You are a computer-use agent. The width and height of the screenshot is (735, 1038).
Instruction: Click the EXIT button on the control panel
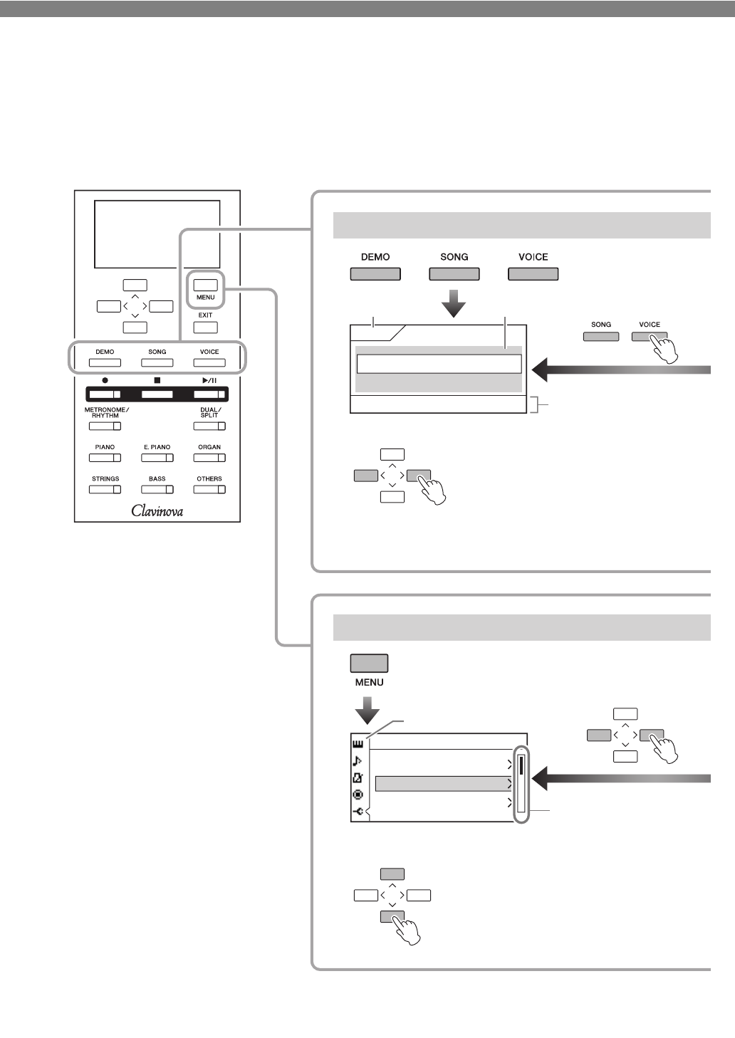click(205, 327)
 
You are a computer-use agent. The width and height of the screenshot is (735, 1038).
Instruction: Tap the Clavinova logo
click(157, 510)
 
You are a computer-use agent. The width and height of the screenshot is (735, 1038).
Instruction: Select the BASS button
click(157, 489)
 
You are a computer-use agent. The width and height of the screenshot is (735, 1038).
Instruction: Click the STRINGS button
click(105, 489)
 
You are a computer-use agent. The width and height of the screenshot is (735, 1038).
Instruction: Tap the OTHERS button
click(209, 489)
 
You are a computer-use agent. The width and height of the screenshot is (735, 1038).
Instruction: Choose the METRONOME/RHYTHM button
click(105, 426)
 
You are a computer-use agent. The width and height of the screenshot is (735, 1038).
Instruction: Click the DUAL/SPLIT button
click(209, 426)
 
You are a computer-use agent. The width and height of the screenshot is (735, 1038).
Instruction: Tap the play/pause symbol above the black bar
click(209, 380)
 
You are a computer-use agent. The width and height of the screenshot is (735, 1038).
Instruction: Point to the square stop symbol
click(157, 380)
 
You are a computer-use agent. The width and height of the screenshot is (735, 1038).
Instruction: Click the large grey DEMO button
click(375, 274)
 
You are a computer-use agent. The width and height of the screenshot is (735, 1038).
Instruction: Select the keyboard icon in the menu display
click(358, 744)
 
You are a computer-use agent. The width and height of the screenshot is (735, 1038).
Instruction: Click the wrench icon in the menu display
click(358, 812)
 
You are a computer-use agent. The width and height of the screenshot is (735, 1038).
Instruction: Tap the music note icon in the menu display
click(358, 761)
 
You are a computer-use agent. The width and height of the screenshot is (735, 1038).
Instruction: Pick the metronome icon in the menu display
click(358, 777)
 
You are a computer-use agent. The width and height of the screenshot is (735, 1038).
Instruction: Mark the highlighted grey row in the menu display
click(443, 784)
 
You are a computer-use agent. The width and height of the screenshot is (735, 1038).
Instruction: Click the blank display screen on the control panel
click(157, 234)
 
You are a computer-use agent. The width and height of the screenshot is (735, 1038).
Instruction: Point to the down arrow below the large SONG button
click(454, 303)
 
